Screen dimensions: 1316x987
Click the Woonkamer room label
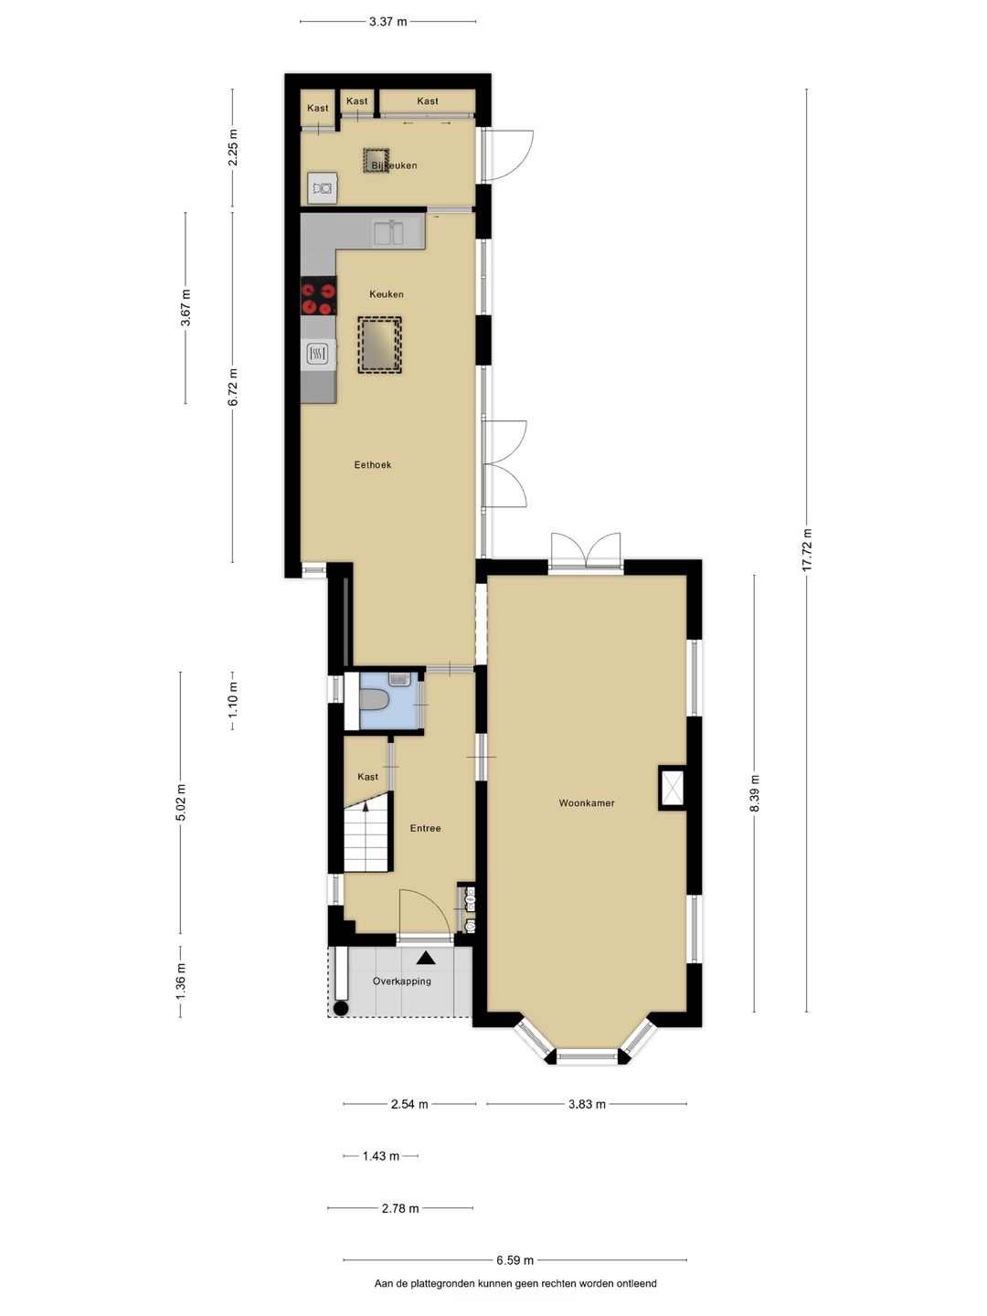coord(587,803)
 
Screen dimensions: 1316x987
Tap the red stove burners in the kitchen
coord(319,295)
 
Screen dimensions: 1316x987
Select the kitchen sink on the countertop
coord(388,232)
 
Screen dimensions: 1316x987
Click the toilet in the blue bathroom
coord(375,700)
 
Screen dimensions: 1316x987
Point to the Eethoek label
coord(373,465)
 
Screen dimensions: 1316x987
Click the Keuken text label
coord(387,294)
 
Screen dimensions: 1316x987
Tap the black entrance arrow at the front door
coord(426,958)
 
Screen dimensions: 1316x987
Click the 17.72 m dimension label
coord(807,550)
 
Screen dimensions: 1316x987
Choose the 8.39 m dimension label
coord(755,793)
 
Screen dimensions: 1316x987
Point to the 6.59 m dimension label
coord(515,1260)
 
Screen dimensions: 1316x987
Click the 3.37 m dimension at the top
coord(387,21)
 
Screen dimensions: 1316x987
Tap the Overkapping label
coord(402,982)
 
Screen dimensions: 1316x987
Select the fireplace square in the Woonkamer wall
coord(672,788)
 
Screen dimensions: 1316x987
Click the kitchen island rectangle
coord(379,345)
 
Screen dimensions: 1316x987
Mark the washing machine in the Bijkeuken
coord(322,188)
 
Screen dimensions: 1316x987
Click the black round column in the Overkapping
coord(341,1009)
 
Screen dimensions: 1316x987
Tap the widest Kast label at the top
coord(428,101)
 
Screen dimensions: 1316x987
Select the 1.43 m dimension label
coord(380,1156)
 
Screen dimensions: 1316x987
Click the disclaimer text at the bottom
coord(515,1283)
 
